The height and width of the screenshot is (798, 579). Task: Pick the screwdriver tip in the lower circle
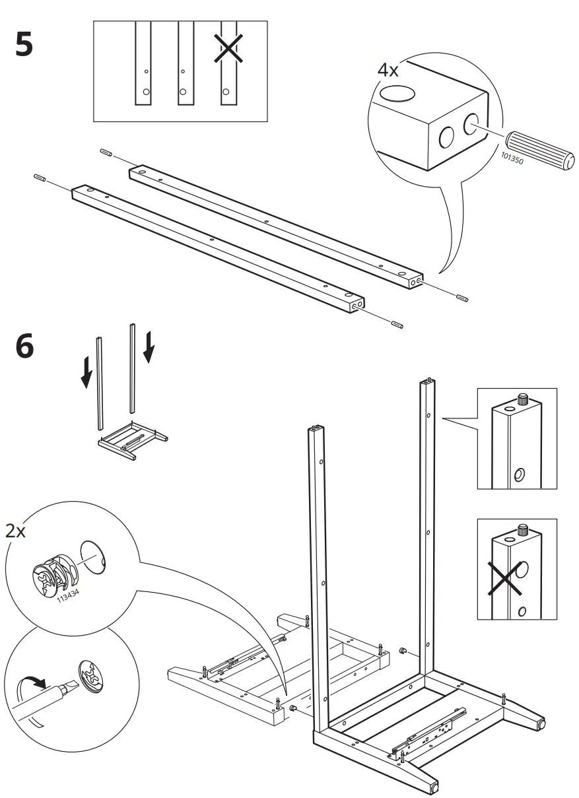(x=69, y=691)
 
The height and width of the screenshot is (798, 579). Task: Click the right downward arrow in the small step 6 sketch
(x=149, y=346)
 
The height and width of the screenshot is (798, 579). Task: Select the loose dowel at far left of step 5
(x=38, y=178)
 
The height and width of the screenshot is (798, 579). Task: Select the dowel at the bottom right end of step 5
(x=397, y=324)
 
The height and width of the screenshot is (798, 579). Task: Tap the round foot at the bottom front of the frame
(x=434, y=787)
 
